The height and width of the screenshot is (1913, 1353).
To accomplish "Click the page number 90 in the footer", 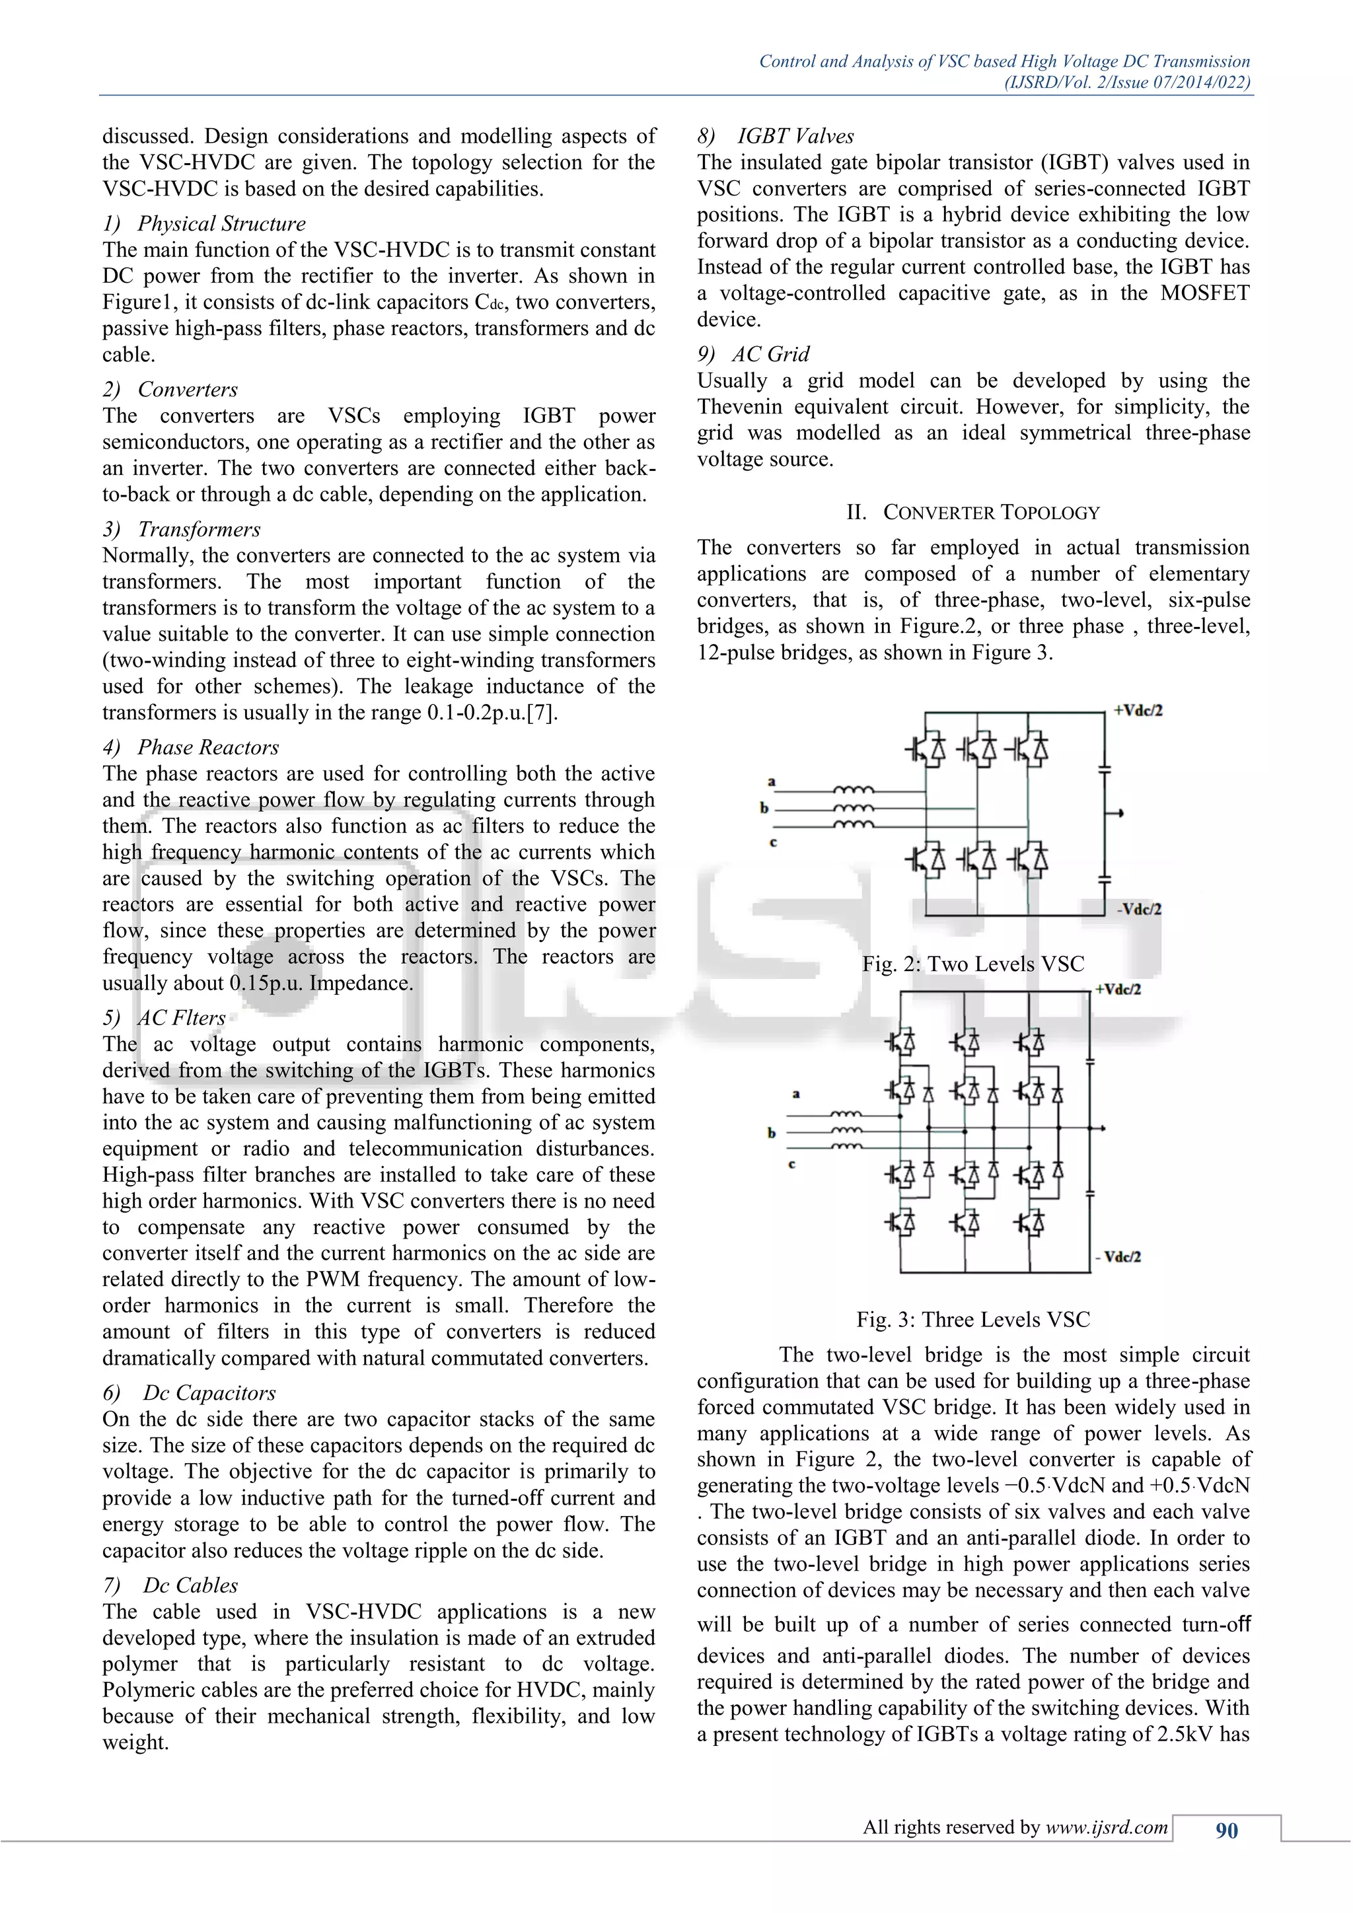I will click(x=1226, y=1830).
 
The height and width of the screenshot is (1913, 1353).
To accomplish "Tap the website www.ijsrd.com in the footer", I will click(x=1107, y=1827).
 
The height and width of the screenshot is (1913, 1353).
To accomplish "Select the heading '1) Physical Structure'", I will click(x=204, y=223).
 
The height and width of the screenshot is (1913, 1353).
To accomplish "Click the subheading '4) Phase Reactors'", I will click(x=191, y=747).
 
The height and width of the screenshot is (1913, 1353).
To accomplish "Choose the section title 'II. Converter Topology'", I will click(x=973, y=513).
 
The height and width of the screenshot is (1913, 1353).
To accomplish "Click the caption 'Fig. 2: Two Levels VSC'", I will click(x=973, y=964).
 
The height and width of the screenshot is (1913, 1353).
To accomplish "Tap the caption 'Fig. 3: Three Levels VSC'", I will click(x=973, y=1320).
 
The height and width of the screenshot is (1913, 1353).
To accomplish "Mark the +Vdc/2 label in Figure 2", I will click(x=1138, y=711).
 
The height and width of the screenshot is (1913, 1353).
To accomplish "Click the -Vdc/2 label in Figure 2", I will click(x=1139, y=909).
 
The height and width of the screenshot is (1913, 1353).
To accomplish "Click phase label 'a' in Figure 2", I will click(x=772, y=781).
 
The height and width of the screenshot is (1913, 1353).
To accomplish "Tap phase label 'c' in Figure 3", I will click(x=791, y=1164).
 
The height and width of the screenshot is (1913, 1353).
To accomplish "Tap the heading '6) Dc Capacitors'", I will click(x=189, y=1393).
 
